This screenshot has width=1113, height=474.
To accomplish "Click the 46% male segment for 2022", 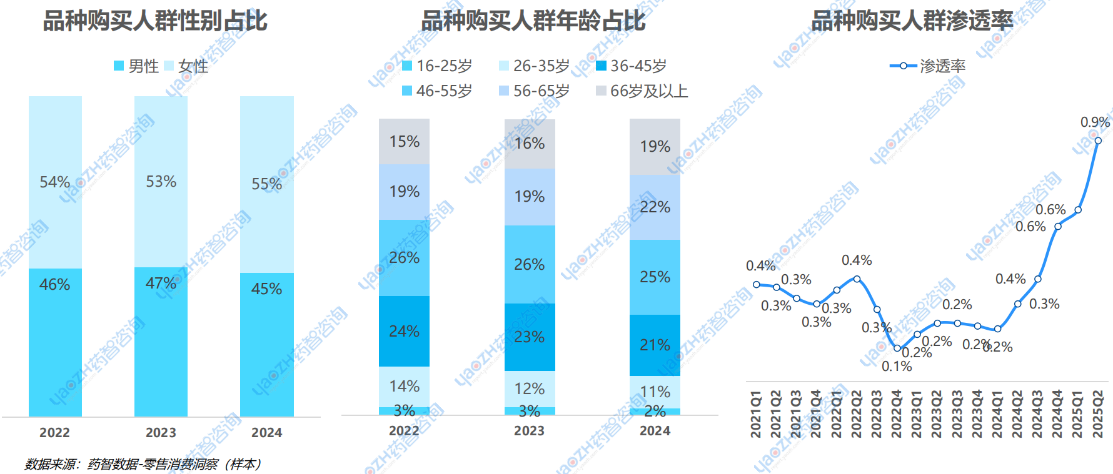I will click(x=55, y=342).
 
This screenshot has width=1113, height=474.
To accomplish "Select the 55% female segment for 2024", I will click(x=267, y=184).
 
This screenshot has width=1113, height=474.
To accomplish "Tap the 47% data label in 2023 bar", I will click(x=161, y=284).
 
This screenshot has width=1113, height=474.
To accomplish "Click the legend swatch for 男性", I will click(x=119, y=66).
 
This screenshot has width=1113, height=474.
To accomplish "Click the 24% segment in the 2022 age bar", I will click(x=404, y=331).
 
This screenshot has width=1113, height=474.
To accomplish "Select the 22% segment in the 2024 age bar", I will click(x=655, y=207).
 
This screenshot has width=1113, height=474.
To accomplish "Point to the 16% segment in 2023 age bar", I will click(x=530, y=144).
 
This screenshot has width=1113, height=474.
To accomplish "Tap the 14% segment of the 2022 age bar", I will click(x=404, y=387).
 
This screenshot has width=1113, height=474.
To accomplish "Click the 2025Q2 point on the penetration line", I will click(x=1098, y=141).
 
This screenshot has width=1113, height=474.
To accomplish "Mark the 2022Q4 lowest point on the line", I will click(x=897, y=348).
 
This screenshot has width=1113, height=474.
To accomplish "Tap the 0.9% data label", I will click(x=1095, y=122).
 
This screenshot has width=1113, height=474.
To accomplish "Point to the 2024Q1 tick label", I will click(x=997, y=414).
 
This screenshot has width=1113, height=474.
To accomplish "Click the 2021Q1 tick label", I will click(x=757, y=414).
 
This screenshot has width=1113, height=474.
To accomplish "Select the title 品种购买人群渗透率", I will click(x=912, y=21).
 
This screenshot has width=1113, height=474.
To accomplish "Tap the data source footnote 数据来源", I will click(x=143, y=464).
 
